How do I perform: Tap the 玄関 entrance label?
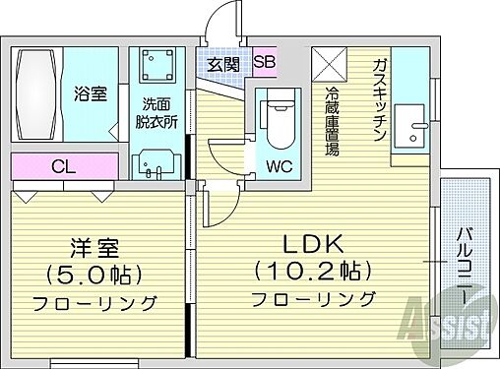tap(222, 64)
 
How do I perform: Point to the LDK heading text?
tap(312, 242)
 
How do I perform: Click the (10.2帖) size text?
tap(312, 270)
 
